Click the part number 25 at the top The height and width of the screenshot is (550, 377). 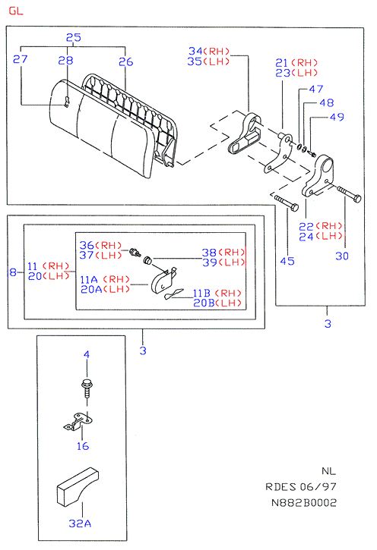pos(74,37)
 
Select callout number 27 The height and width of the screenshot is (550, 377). pos(20,59)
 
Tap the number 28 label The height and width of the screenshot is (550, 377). pos(65,61)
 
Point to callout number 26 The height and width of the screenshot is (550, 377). pos(125,61)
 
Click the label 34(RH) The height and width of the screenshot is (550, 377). pos(209,52)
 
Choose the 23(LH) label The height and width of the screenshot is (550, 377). pos(296,73)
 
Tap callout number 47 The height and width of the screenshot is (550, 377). pos(316,89)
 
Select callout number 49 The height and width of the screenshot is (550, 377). pos(337,117)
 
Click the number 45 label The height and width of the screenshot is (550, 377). pos(287,261)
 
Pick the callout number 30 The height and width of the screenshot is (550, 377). pos(342,256)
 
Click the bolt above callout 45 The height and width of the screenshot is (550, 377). pos(287,203)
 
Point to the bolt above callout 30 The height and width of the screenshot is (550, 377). pos(349,194)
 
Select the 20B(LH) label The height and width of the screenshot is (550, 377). pos(217,303)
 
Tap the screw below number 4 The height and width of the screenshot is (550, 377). pos(87,387)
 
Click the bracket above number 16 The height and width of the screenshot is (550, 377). pos(78,421)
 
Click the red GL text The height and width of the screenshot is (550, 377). pos(16,11)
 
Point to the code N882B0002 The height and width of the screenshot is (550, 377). pos(304,503)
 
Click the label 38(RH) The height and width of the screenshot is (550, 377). pos(223,252)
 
